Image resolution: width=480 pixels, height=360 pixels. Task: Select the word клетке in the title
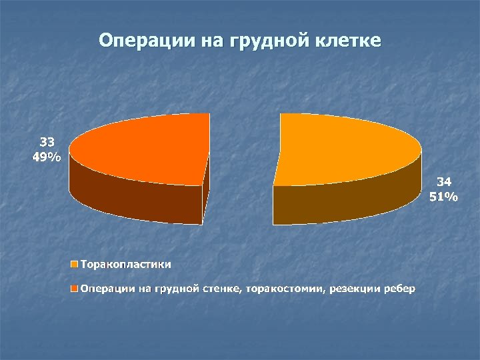[x=348, y=41]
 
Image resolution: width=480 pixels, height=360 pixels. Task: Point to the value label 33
[x=47, y=142]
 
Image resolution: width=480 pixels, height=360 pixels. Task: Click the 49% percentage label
[x=47, y=157]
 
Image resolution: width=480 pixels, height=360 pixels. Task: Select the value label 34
[x=445, y=181]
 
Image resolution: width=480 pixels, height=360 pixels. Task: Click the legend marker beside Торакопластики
[x=75, y=265]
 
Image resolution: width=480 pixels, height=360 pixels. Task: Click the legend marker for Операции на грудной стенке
[x=75, y=289]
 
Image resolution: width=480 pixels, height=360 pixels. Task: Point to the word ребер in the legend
[x=399, y=289]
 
